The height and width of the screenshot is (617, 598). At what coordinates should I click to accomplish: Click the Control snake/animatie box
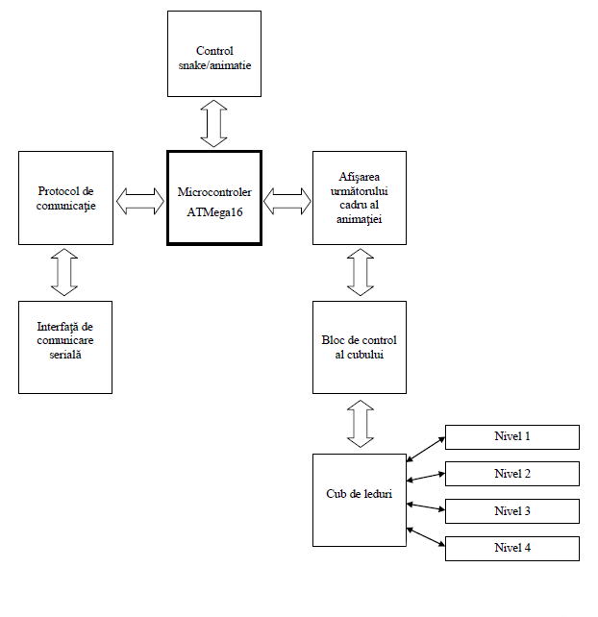click(214, 54)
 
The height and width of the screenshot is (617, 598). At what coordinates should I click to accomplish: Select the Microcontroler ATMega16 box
click(214, 198)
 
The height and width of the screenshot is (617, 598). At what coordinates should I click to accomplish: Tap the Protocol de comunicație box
click(66, 198)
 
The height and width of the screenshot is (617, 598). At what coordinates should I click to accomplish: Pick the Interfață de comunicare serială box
click(66, 346)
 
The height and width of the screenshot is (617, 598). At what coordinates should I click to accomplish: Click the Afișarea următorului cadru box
click(360, 198)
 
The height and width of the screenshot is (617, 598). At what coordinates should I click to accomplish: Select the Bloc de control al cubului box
click(360, 347)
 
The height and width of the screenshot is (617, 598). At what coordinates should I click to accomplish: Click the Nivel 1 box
click(511, 436)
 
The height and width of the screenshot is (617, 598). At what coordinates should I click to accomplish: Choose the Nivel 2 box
click(511, 474)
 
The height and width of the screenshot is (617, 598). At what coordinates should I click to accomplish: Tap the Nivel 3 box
click(511, 511)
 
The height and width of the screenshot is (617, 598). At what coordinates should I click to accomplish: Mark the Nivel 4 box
click(511, 549)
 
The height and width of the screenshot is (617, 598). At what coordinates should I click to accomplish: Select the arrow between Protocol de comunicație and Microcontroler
click(140, 201)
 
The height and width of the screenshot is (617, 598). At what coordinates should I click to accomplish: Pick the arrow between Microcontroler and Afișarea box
click(287, 201)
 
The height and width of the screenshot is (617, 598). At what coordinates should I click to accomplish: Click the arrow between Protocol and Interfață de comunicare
click(66, 272)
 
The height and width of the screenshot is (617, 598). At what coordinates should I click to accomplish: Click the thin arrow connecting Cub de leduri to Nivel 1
click(426, 448)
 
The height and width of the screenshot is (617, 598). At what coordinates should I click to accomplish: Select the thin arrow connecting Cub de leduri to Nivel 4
click(426, 537)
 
